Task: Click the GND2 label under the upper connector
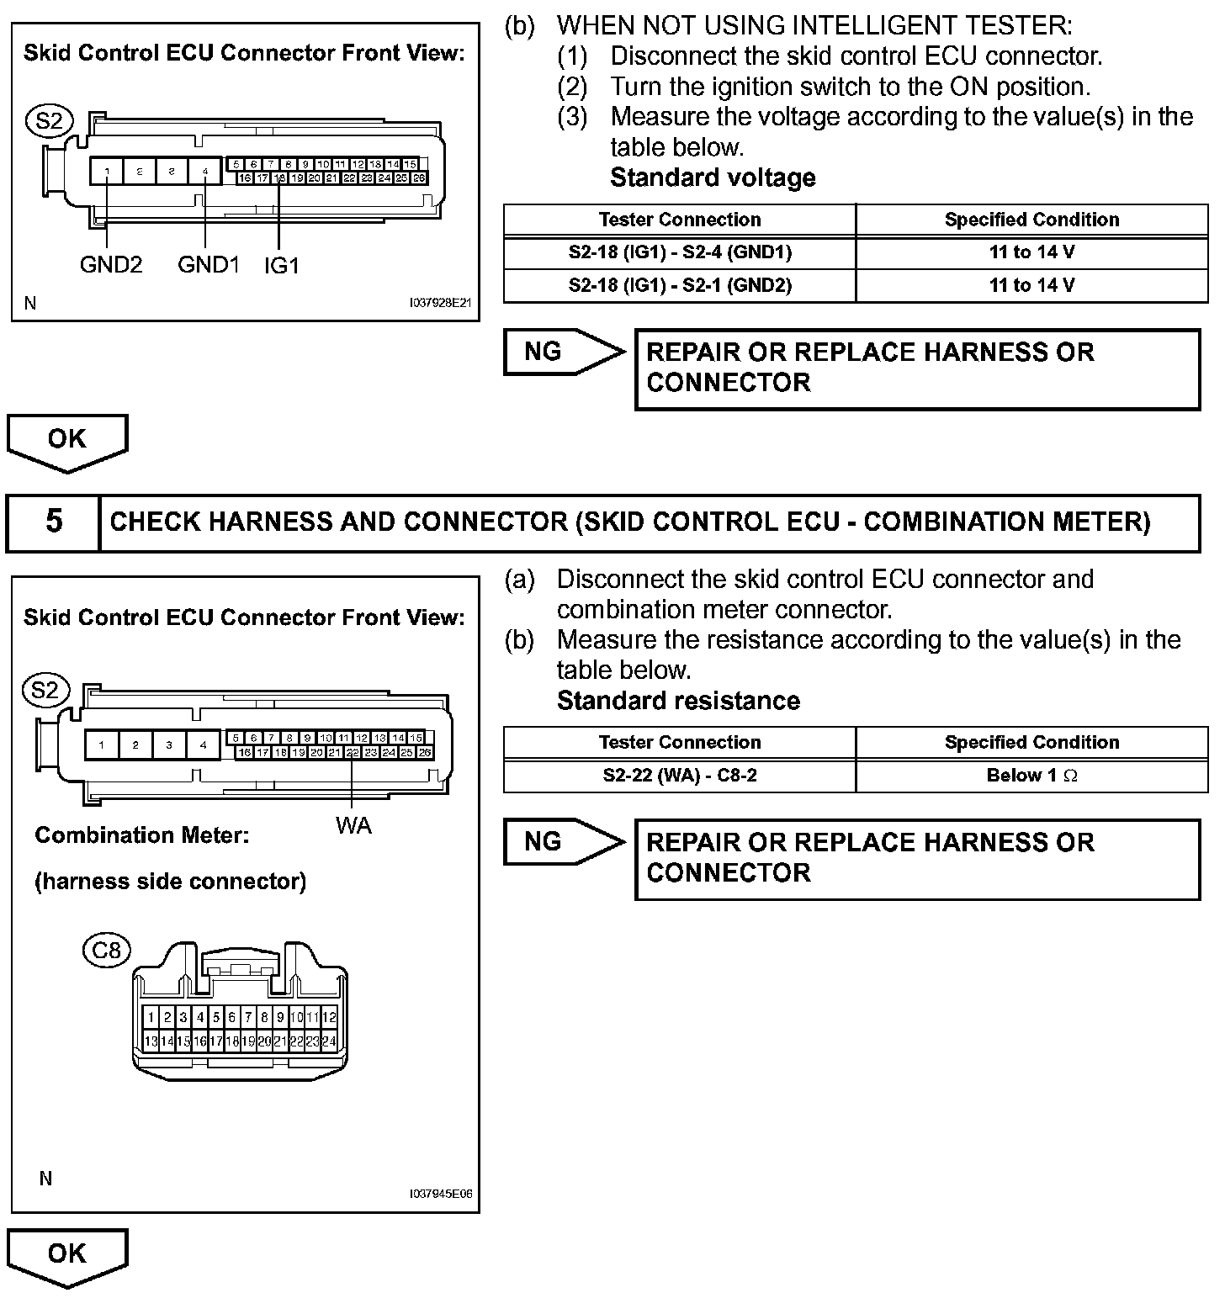[x=111, y=265]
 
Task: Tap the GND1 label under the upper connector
[x=209, y=265]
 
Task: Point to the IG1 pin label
[x=282, y=266]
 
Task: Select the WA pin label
[x=353, y=826]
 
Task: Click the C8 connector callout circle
[x=107, y=951]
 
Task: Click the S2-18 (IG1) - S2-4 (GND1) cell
[x=680, y=252]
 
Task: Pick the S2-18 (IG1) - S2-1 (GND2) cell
[x=680, y=285]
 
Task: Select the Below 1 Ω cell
[x=1031, y=776]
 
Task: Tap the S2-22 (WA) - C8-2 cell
[x=680, y=776]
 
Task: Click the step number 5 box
[x=54, y=522]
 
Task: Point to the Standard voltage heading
[x=713, y=177]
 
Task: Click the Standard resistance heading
[x=678, y=701]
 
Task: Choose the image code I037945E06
[x=441, y=1194]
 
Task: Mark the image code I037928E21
[x=441, y=303]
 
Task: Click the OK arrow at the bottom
[x=67, y=1256]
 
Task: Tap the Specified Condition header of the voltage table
[x=1031, y=220]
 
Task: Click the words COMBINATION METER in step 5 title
[x=1006, y=522]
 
